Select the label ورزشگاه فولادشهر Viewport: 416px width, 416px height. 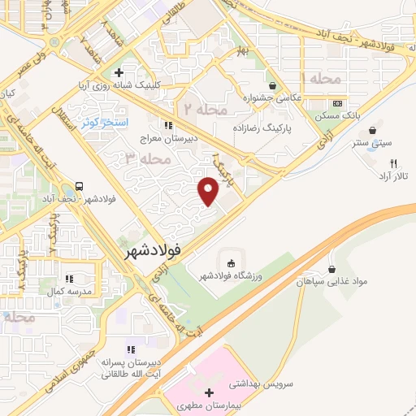point(232,277)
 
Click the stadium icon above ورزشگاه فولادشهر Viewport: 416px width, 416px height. point(231,263)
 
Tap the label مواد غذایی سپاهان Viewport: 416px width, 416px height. point(331,282)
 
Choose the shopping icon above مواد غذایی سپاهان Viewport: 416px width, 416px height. point(331,269)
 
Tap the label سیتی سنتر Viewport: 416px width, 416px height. point(375,143)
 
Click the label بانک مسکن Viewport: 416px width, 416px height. point(337,116)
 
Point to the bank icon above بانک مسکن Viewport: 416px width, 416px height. point(337,104)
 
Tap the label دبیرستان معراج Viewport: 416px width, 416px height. point(167,139)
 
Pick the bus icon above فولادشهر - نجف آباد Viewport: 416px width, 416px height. point(79,186)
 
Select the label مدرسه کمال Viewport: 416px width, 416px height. point(68,290)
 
